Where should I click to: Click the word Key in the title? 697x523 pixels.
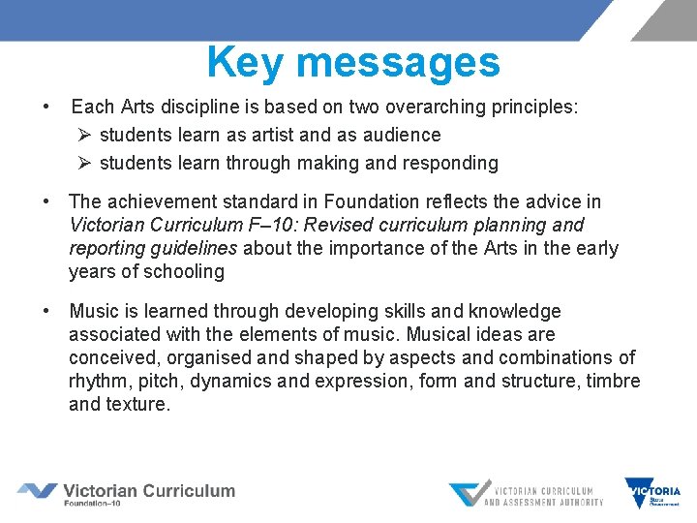pyautogui.click(x=247, y=62)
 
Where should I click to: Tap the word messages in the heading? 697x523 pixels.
pyautogui.click(x=398, y=62)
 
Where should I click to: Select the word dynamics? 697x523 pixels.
pyautogui.click(x=228, y=381)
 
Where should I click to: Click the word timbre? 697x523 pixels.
pyautogui.click(x=614, y=381)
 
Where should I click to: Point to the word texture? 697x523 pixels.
pyautogui.click(x=137, y=404)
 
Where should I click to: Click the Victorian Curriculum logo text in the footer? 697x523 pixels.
pyautogui.click(x=148, y=492)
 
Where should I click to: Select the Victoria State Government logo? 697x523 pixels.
pyautogui.click(x=652, y=493)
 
